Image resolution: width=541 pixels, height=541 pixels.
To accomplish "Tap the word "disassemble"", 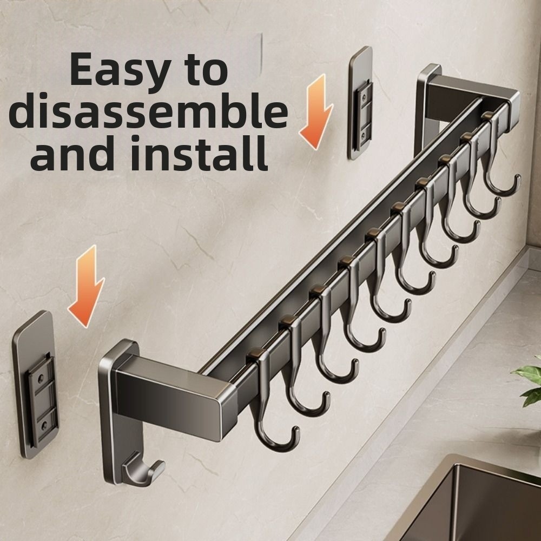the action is pos(148,111).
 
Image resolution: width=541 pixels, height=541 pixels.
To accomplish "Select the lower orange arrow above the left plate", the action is pos(87,286).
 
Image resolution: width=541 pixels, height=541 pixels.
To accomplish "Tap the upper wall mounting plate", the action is pos(361,103).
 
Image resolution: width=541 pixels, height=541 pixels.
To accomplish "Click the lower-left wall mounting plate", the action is pos(36,385).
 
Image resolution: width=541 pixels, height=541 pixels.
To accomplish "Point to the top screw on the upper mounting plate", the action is pos(364,98).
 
